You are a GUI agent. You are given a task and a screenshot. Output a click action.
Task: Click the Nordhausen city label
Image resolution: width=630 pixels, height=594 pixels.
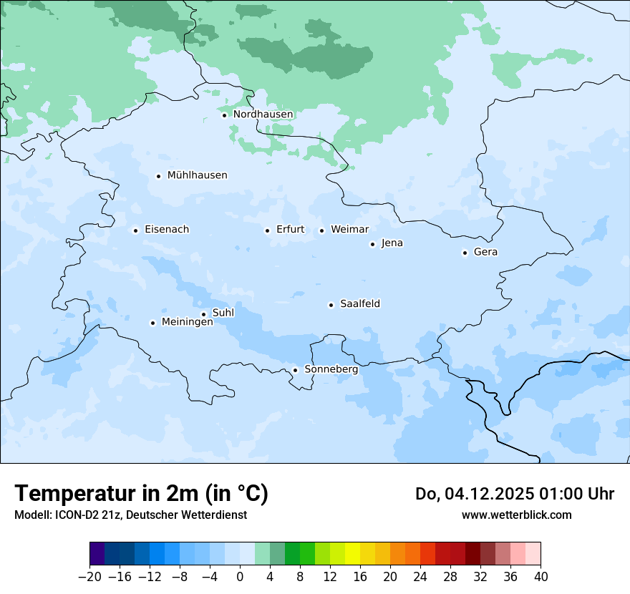[263, 115]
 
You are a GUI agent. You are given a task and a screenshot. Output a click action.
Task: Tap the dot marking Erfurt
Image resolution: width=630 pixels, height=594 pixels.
[267, 230]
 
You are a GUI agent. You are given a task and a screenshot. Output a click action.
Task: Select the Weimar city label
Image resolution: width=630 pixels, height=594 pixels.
[349, 230]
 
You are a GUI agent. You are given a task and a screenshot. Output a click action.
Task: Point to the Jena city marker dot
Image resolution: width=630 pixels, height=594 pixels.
[372, 244]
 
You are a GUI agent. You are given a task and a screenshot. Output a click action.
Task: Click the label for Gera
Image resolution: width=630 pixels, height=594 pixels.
[485, 252]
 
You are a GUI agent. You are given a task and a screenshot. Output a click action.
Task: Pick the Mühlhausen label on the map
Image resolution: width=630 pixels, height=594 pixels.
[197, 175]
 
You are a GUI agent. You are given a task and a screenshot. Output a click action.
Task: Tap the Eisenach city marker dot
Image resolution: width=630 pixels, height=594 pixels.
[135, 230]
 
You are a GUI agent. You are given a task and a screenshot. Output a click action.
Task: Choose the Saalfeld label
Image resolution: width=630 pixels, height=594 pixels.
[360, 304]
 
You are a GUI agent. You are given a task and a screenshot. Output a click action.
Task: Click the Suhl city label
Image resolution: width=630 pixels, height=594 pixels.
[223, 313]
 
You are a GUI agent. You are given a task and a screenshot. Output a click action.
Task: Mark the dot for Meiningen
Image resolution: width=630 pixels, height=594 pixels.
[152, 323]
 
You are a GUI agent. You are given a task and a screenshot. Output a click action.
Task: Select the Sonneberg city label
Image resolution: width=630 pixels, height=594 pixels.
[331, 370]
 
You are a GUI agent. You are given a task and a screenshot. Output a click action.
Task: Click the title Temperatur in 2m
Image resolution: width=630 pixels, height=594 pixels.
[141, 494]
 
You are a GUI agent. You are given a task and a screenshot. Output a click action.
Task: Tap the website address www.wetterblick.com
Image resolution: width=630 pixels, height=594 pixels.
[516, 515]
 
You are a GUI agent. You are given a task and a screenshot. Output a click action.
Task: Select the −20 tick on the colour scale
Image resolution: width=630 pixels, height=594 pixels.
[89, 577]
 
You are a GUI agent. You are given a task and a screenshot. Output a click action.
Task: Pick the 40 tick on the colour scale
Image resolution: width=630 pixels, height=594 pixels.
[541, 577]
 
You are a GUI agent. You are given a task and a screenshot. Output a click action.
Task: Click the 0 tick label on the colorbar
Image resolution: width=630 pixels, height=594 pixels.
[240, 577]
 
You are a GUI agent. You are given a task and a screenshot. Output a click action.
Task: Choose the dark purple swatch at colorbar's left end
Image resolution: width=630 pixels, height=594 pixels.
[97, 554]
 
